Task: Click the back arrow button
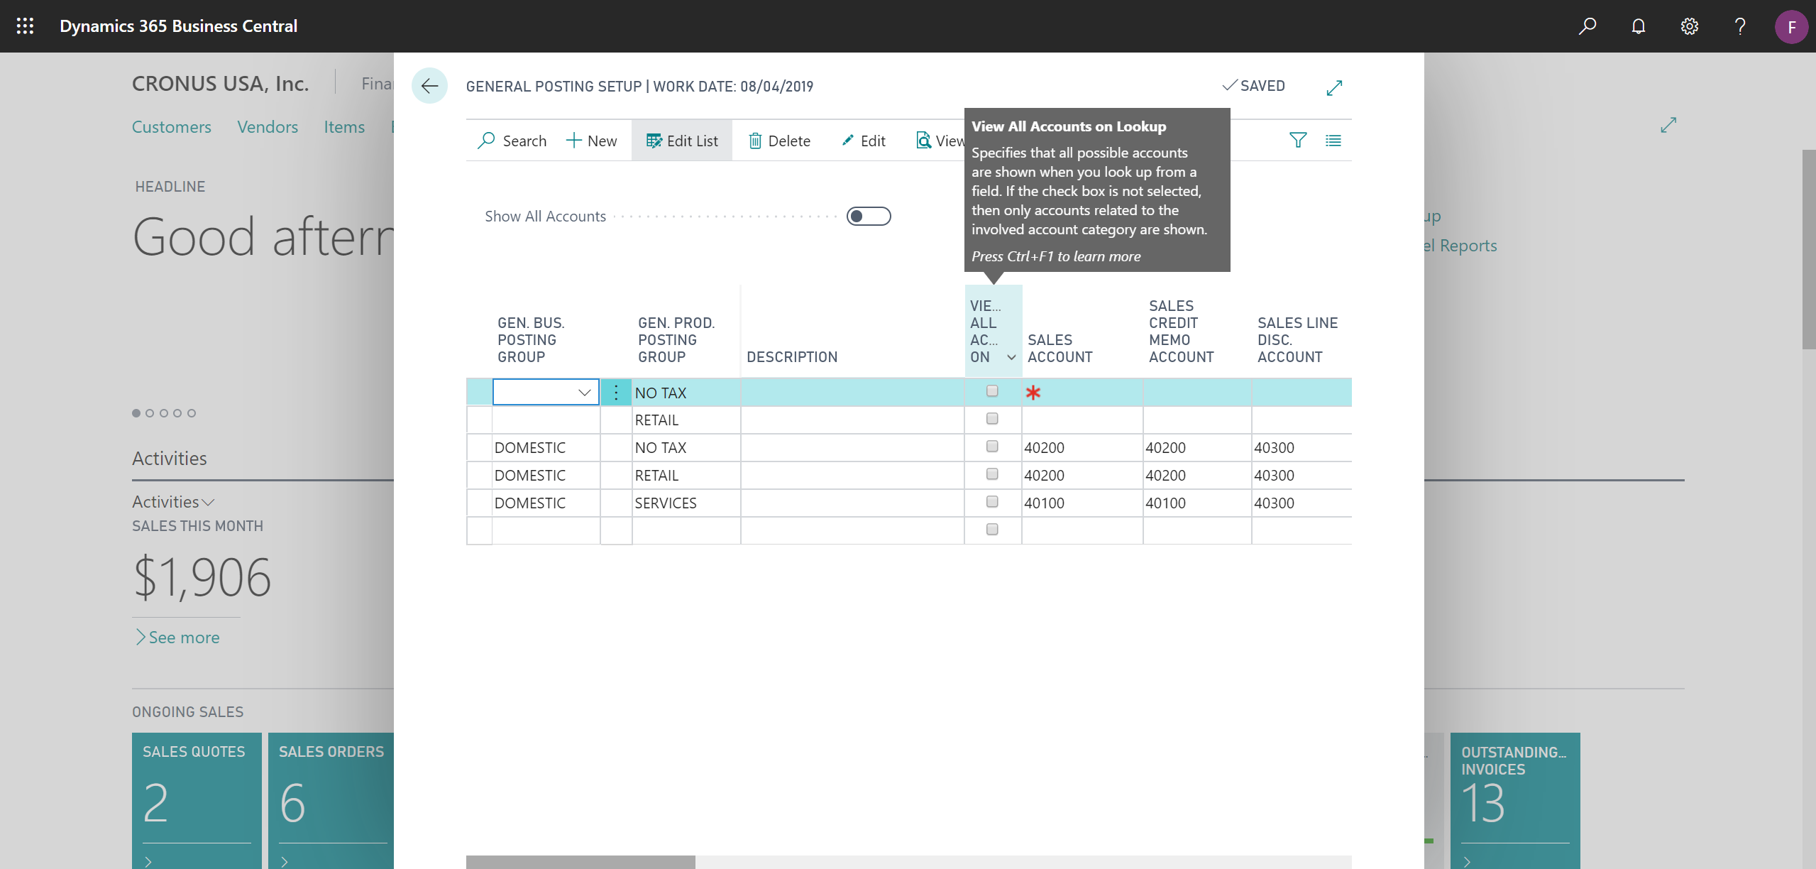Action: (429, 86)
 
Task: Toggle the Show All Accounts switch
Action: (868, 216)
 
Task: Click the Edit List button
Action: (682, 141)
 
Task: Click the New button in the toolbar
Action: (592, 141)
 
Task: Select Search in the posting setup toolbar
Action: (512, 141)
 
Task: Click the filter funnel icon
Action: (1297, 141)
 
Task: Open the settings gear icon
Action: (1689, 26)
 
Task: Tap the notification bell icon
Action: (1638, 26)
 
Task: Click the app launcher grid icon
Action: (25, 26)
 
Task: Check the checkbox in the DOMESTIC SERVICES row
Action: (992, 502)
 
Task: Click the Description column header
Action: (792, 357)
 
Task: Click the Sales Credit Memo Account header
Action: (1182, 332)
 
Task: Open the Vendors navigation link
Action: (268, 127)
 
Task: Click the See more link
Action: (184, 638)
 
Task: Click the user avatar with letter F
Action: (1791, 27)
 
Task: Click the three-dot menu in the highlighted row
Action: (616, 392)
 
